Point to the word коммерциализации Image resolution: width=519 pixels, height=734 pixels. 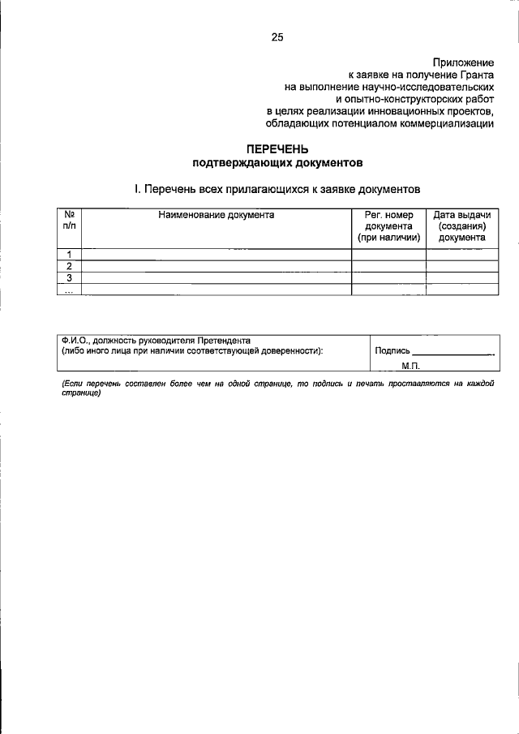[444, 123]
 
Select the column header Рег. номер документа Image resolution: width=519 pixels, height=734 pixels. [388, 226]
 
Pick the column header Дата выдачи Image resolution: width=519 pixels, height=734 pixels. [461, 215]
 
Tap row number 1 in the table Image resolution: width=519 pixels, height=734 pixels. [70, 255]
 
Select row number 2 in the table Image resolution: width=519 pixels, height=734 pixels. [70, 266]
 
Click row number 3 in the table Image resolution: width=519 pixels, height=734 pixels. [70, 277]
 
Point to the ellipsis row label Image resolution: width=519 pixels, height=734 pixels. [70, 290]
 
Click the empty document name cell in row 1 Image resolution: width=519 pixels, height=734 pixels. [217, 255]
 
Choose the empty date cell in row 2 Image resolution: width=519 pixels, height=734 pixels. [461, 266]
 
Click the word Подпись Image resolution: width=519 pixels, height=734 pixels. [392, 351]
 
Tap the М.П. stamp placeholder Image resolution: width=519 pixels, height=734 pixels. [410, 367]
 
